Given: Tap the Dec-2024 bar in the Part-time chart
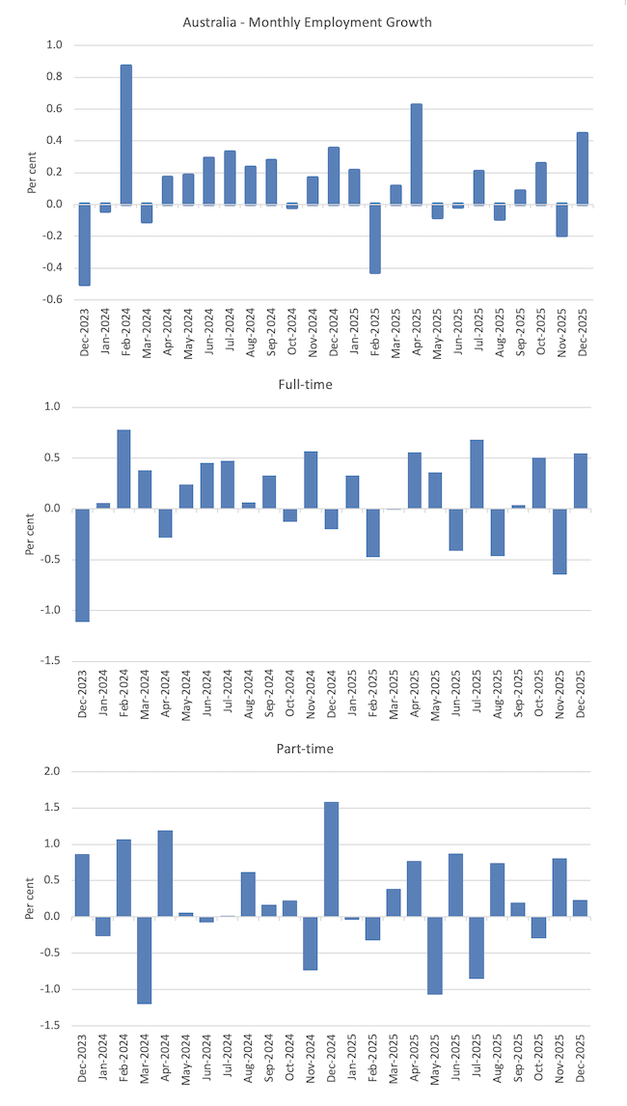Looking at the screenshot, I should point(332,859).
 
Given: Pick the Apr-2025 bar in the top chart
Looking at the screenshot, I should point(417,153).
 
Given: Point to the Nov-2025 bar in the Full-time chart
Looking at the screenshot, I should point(559,541).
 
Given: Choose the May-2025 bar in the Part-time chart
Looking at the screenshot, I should point(435,954).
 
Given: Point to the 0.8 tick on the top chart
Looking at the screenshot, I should point(54,77).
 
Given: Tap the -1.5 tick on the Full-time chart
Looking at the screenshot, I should point(51,661).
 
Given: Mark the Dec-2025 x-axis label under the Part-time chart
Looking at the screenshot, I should point(581,1065).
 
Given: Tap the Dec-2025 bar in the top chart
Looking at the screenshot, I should point(583,168).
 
